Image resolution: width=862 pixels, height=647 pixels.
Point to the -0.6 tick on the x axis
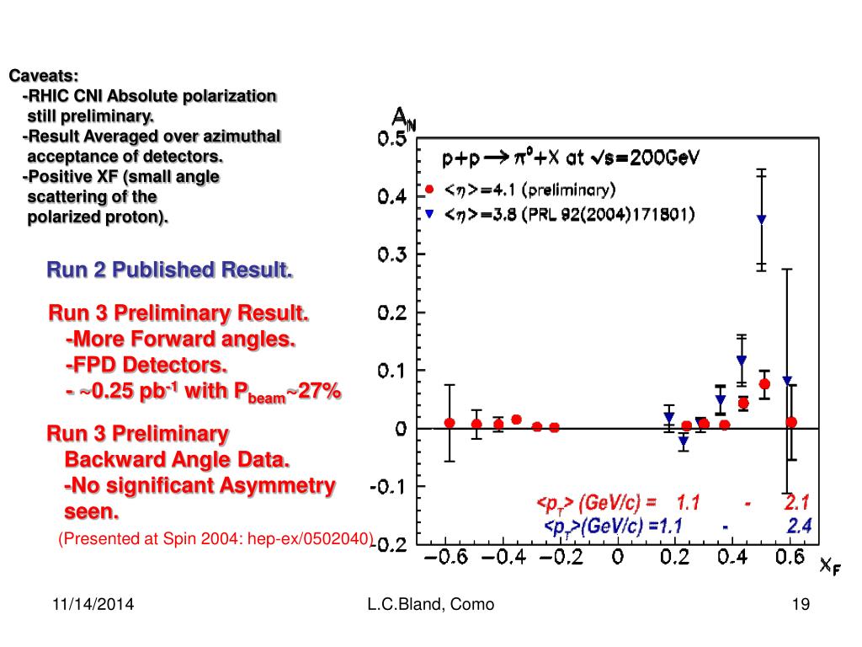tap(449, 557)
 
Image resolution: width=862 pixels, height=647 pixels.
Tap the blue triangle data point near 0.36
tap(721, 400)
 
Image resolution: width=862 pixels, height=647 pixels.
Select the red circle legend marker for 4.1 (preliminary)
tap(430, 189)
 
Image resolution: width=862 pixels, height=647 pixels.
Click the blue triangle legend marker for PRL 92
tap(430, 214)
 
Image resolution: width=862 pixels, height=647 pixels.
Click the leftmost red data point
tap(450, 423)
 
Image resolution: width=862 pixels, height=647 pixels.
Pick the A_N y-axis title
tap(404, 120)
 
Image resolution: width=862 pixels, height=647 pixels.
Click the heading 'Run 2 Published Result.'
tap(169, 270)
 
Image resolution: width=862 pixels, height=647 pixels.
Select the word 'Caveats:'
tap(38, 77)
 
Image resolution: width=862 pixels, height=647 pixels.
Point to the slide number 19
tap(800, 605)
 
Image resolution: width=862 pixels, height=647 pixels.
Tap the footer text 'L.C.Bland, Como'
tap(431, 605)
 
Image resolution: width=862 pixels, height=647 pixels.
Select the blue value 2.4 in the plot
tap(799, 527)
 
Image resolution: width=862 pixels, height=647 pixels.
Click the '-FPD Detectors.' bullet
tap(146, 366)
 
